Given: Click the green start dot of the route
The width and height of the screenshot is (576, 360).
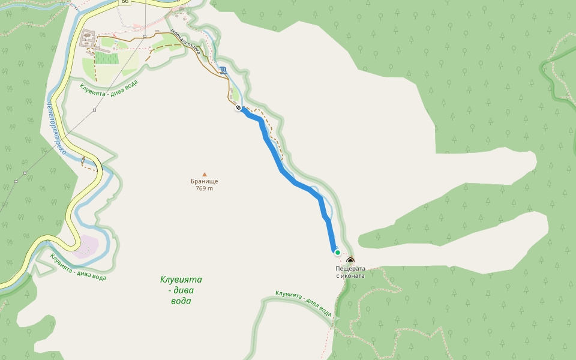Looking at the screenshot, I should click(x=337, y=253).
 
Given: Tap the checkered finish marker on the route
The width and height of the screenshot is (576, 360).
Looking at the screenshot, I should click(x=239, y=108).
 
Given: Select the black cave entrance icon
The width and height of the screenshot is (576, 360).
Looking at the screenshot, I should click(x=350, y=261).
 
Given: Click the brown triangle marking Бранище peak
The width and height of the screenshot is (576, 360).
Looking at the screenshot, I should click(x=205, y=174).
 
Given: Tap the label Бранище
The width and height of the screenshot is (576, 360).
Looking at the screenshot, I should click(x=205, y=181).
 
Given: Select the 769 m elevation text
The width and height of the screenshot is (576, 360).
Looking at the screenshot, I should click(x=205, y=188).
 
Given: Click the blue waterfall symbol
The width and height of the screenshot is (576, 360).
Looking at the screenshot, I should click(x=223, y=70).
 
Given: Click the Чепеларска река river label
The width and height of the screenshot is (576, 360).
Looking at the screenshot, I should click(x=55, y=127).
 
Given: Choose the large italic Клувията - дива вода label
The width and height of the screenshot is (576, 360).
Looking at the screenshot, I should click(x=181, y=290).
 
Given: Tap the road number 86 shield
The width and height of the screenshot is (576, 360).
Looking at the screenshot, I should click(x=125, y=2).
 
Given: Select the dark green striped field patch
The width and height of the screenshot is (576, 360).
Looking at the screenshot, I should click(x=106, y=58).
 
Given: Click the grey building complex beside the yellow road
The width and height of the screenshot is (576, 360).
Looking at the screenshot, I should click(x=87, y=40).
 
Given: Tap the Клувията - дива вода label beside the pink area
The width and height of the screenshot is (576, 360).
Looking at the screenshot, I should click(x=78, y=267).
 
